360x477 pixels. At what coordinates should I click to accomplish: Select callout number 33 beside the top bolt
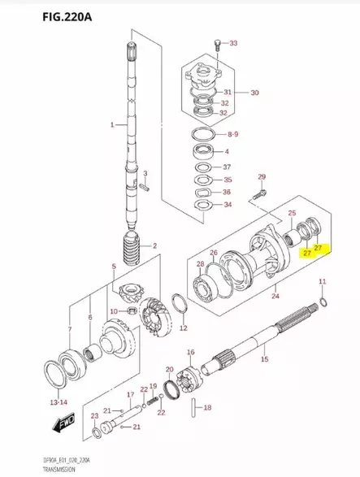(233, 43)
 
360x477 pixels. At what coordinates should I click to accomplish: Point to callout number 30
(254, 93)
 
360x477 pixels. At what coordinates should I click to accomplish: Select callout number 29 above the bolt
(262, 177)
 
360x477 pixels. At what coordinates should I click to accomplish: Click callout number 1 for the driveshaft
(113, 125)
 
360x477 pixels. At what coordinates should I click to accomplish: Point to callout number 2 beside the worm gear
(154, 245)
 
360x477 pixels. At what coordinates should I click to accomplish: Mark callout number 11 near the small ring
(322, 282)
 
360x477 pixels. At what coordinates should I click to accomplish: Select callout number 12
(184, 328)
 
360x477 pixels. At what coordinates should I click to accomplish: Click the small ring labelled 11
(324, 302)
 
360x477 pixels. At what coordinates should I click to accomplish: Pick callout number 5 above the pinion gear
(115, 267)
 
